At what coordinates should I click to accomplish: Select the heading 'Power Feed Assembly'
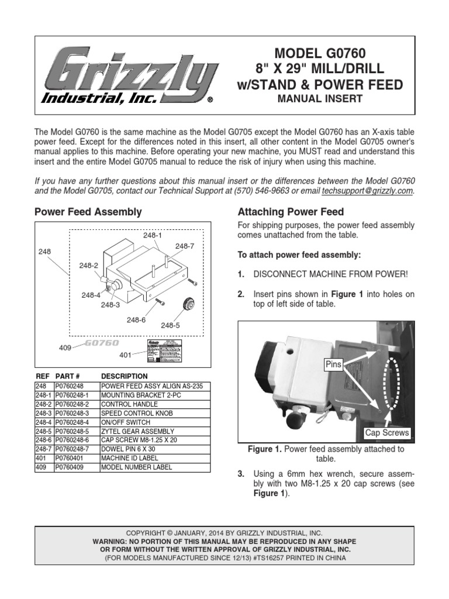coord(88,212)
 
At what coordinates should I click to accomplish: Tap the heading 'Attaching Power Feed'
coord(290,212)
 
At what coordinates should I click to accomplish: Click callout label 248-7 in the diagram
coord(185,246)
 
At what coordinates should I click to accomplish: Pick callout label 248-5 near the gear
coord(171,325)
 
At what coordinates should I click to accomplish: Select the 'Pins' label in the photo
coord(333,364)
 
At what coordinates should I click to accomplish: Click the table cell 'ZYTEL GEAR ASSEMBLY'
coord(137,431)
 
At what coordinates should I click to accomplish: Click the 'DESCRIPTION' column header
coord(125,376)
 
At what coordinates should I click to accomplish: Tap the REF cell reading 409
coord(41,467)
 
